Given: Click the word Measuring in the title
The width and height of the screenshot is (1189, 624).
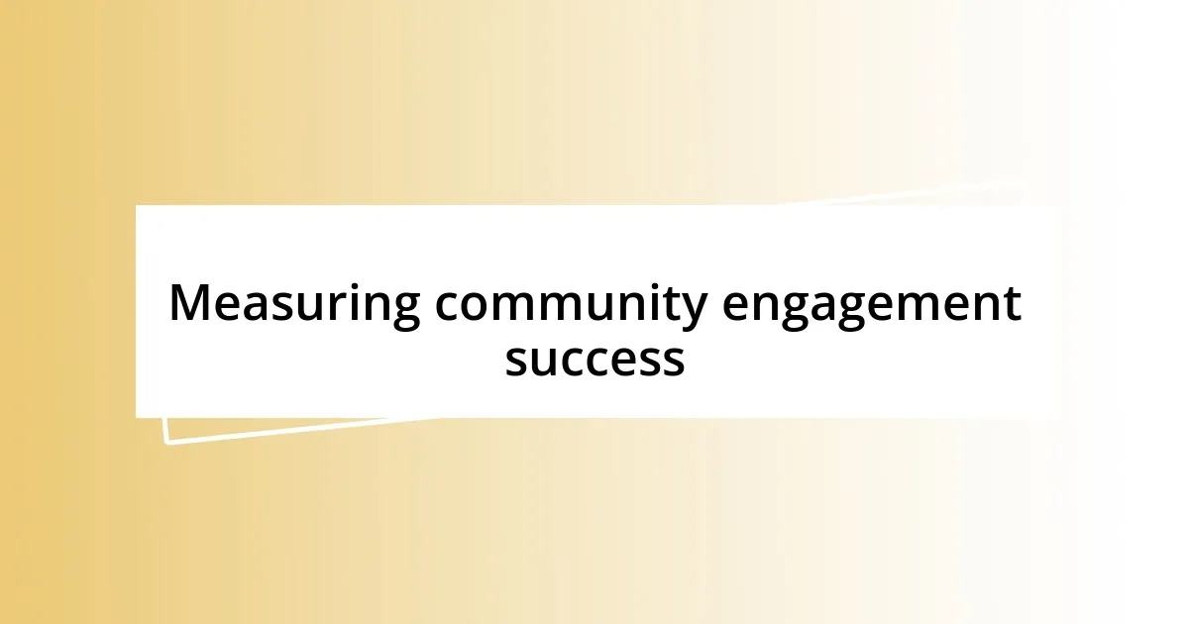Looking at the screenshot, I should [x=293, y=304].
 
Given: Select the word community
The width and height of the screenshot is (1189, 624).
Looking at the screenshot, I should [x=569, y=304].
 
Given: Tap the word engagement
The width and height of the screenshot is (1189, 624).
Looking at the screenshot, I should [x=870, y=304].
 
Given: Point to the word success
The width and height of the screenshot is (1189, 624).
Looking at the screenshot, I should [x=594, y=359].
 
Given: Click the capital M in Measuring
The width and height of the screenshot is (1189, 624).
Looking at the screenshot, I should [x=190, y=303].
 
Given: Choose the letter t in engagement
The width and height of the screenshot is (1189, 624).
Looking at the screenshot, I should [x=1011, y=304].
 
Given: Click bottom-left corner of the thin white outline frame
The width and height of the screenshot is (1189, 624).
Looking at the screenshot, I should [x=167, y=442].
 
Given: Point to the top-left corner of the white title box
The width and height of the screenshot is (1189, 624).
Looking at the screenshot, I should [x=137, y=206].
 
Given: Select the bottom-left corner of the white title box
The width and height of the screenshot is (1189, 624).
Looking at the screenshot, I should [x=137, y=417].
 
